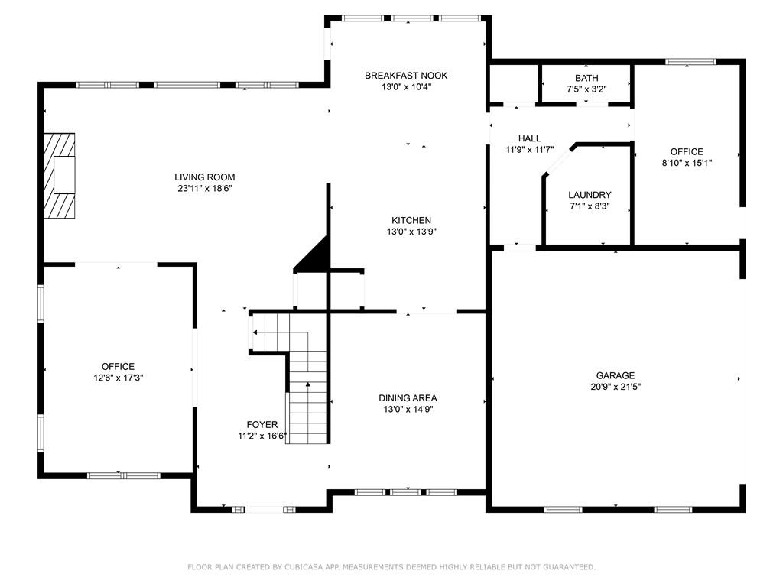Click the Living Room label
(204, 177)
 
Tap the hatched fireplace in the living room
(59, 176)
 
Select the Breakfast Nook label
(406, 75)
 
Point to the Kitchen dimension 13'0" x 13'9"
(412, 232)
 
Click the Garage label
(616, 375)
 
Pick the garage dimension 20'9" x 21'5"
(616, 387)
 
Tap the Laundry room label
(589, 195)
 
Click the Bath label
(586, 78)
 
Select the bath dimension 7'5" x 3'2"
(586, 89)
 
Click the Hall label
(529, 138)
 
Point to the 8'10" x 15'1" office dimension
(687, 163)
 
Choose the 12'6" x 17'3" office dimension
(118, 378)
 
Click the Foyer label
(262, 425)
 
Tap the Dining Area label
(408, 397)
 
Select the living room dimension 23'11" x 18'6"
(204, 188)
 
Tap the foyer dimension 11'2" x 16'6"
(262, 436)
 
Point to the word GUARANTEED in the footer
(567, 567)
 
